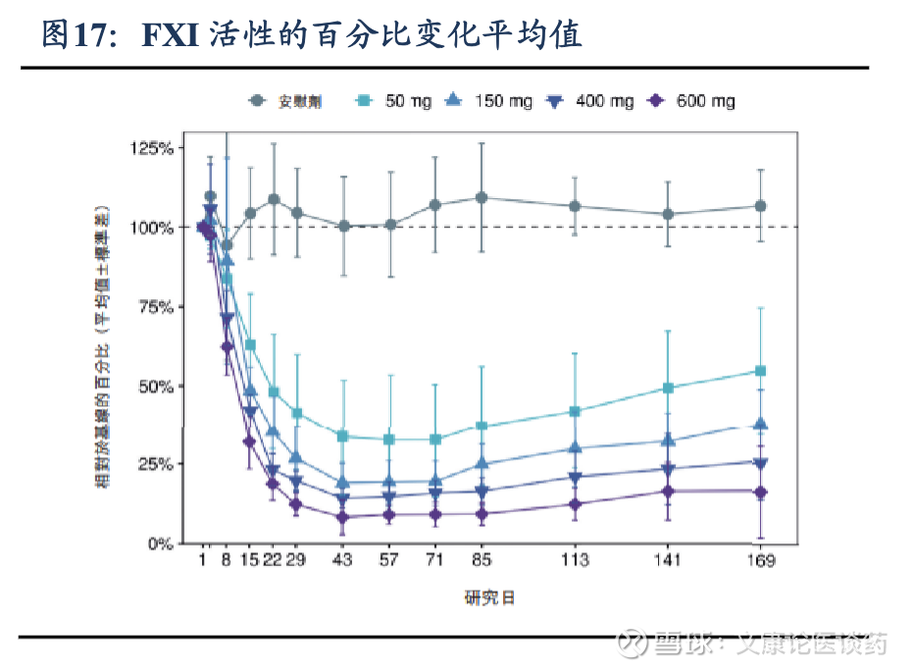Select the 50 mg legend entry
(396, 101)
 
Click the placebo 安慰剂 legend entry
(289, 101)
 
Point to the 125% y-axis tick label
(152, 148)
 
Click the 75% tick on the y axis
(156, 307)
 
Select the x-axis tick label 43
(343, 561)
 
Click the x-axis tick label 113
(575, 561)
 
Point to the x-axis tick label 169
(760, 561)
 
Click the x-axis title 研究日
(488, 597)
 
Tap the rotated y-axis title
(101, 345)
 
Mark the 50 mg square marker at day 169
(760, 371)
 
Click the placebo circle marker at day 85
(482, 197)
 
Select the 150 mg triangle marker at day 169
(760, 424)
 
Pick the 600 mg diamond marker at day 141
(668, 491)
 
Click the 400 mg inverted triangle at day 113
(575, 478)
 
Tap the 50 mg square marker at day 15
(250, 345)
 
